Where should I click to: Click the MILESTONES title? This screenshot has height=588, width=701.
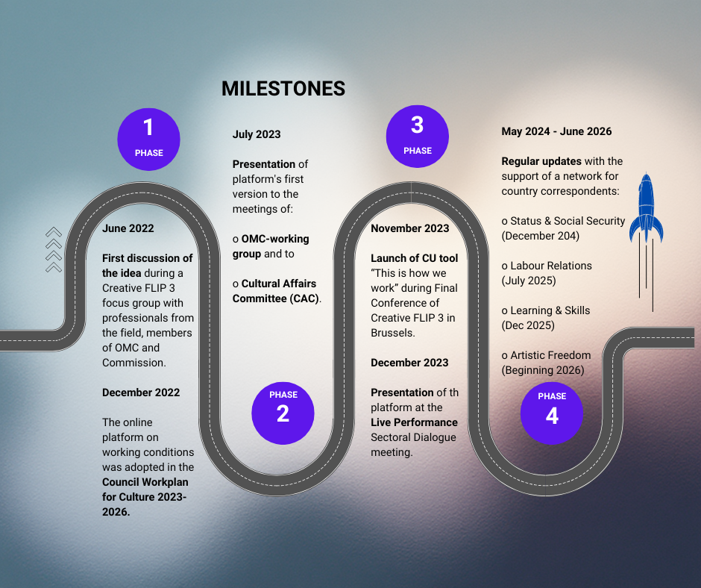click(283, 89)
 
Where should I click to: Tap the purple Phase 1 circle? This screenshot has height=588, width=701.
click(148, 139)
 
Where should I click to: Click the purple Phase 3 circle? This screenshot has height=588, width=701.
click(417, 136)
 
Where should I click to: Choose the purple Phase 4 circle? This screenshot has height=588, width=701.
click(551, 412)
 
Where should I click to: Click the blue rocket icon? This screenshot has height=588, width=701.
click(646, 209)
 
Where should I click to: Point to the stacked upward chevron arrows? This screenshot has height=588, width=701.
click(54, 250)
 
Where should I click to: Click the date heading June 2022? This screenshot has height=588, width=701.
click(128, 228)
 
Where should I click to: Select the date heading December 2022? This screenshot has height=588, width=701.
click(141, 392)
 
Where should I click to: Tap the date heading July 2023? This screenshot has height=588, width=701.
click(257, 134)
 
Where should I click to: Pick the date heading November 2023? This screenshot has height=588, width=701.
click(410, 228)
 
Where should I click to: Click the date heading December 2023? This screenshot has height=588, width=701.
click(409, 363)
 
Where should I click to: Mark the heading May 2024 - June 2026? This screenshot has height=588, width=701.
click(556, 131)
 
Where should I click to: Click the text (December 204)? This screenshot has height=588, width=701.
click(540, 236)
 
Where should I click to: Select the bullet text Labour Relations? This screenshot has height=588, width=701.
click(551, 266)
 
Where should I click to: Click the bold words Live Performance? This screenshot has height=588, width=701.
click(414, 422)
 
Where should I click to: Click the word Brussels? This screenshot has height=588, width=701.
click(393, 333)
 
